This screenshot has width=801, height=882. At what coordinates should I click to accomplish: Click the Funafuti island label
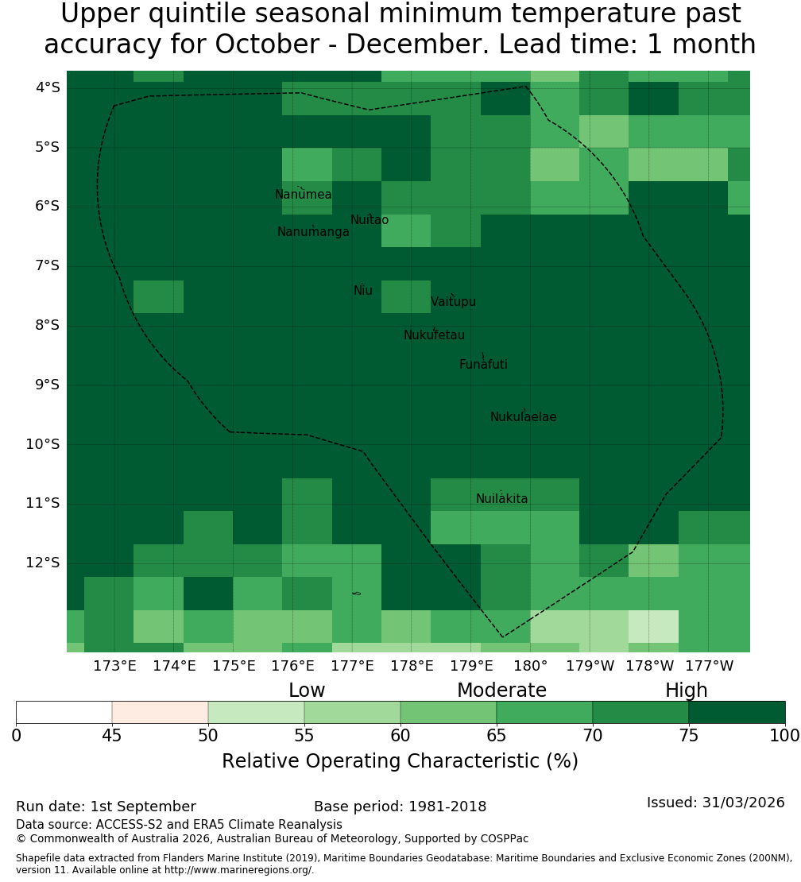pyautogui.click(x=483, y=365)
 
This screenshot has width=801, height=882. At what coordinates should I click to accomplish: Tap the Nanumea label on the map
pyautogui.click(x=304, y=195)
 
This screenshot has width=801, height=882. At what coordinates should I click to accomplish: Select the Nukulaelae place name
pyautogui.click(x=523, y=417)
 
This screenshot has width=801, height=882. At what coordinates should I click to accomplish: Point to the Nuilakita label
pyautogui.click(x=501, y=499)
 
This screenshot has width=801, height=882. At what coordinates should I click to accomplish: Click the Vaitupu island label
pyautogui.click(x=454, y=302)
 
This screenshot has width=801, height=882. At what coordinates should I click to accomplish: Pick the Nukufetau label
pyautogui.click(x=434, y=335)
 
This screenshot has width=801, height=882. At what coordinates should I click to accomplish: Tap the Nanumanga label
pyautogui.click(x=313, y=232)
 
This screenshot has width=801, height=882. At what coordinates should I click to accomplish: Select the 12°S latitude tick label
pyautogui.click(x=43, y=563)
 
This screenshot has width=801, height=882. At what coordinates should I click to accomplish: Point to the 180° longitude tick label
pyautogui.click(x=531, y=666)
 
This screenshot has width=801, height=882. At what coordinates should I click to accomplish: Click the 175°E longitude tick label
pyautogui.click(x=234, y=666)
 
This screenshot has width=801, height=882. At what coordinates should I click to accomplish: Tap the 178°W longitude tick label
pyautogui.click(x=650, y=666)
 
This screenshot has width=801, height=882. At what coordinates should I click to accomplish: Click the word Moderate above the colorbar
pyautogui.click(x=501, y=691)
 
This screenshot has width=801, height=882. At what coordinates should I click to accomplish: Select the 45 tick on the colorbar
pyautogui.click(x=112, y=736)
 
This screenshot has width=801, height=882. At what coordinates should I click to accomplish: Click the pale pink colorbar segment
pyautogui.click(x=161, y=712)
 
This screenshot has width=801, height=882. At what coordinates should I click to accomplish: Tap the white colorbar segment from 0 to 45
pyautogui.click(x=64, y=712)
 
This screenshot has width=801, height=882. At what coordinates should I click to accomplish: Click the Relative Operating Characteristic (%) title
pyautogui.click(x=400, y=761)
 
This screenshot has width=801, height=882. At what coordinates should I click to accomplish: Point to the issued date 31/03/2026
pyautogui.click(x=744, y=803)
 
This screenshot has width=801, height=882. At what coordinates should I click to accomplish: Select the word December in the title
pyautogui.click(x=417, y=44)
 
